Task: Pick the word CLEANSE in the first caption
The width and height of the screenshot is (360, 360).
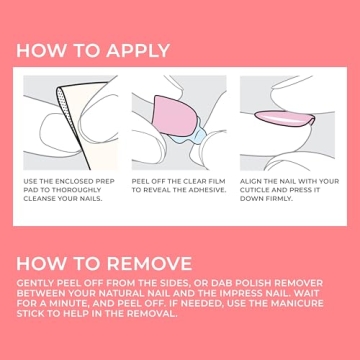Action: pyautogui.click(x=39, y=199)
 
